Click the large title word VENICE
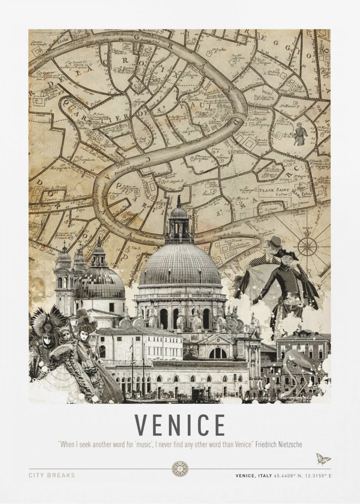pos(179,425)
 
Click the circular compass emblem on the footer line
pos(179,468)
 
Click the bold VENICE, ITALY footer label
pos(255,475)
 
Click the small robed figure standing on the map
pos(300,134)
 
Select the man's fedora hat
pos(275,242)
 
